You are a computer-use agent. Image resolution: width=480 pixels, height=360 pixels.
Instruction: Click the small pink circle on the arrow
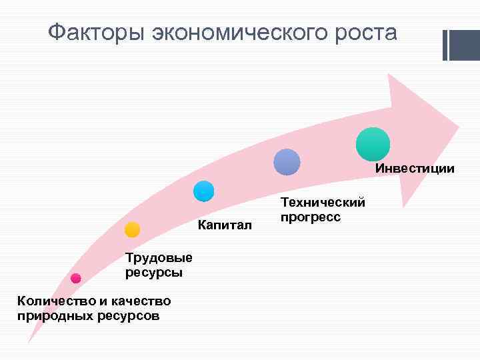[75, 278]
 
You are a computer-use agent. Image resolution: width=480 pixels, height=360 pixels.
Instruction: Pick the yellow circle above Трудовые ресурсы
[132, 230]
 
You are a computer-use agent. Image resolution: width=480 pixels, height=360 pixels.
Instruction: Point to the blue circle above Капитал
[203, 191]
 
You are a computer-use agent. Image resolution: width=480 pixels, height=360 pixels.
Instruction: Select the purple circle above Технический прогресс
[287, 162]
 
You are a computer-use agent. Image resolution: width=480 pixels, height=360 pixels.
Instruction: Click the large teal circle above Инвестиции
[373, 144]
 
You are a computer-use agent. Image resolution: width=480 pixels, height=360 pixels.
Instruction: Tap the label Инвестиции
[415, 169]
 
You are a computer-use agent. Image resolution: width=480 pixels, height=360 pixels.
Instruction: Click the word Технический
[323, 203]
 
